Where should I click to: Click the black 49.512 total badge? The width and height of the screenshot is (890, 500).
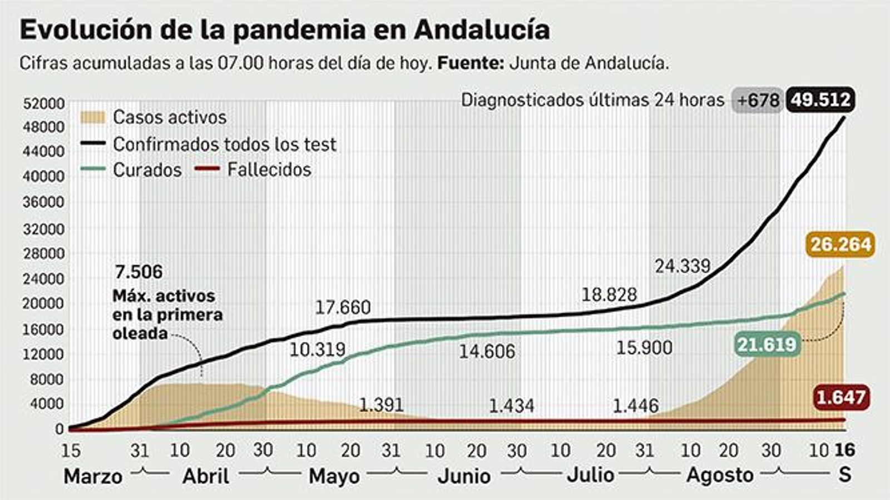click(820, 101)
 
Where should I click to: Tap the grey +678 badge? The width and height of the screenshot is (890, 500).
click(758, 101)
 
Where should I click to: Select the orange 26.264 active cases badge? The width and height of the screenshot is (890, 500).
click(840, 244)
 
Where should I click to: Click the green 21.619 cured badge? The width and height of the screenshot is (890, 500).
click(767, 344)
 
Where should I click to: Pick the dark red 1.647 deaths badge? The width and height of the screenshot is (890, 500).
click(840, 398)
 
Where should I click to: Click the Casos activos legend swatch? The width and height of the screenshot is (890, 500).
click(92, 117)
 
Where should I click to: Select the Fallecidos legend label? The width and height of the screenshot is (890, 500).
click(269, 169)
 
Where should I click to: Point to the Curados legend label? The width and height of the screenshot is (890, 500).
click(147, 169)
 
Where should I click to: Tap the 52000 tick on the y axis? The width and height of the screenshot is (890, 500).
click(43, 104)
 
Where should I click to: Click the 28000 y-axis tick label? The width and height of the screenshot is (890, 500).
click(43, 254)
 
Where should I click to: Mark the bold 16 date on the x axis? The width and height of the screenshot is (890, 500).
click(844, 450)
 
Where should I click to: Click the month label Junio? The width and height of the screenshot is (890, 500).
click(464, 476)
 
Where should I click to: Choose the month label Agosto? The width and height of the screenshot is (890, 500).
click(720, 476)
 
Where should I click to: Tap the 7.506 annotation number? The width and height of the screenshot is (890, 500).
click(139, 272)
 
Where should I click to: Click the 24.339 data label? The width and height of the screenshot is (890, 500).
click(683, 266)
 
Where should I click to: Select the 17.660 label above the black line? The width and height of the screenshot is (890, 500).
click(343, 307)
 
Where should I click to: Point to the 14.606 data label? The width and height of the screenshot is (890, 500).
click(487, 351)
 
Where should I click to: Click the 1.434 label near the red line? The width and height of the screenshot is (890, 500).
click(511, 406)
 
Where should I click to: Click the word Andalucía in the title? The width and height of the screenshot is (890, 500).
click(482, 30)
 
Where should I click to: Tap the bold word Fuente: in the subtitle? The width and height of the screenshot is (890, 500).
click(471, 63)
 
